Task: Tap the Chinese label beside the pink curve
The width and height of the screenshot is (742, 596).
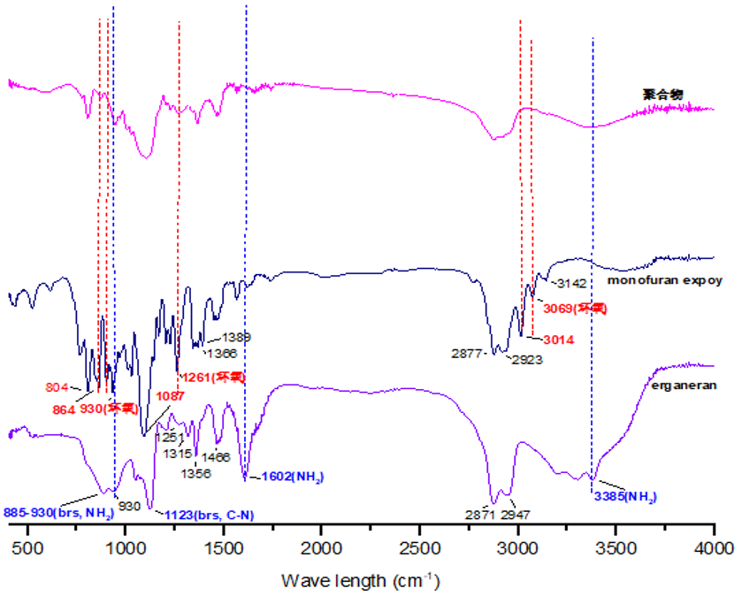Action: point(658,92)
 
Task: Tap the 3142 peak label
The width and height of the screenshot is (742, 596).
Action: point(571,282)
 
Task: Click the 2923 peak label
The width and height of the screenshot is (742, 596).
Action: point(525,360)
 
